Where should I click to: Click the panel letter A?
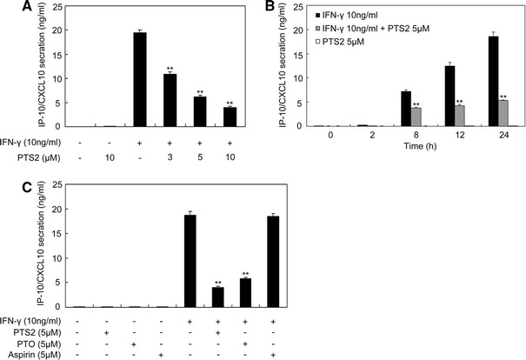coord(10,8)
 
